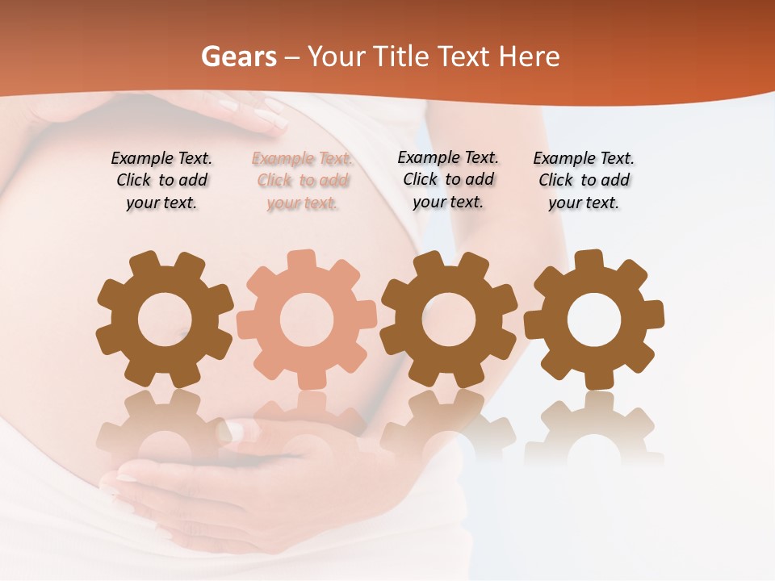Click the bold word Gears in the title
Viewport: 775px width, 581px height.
[x=238, y=56]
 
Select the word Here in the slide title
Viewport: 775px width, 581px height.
[x=529, y=56]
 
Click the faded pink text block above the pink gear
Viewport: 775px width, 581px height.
[x=302, y=181]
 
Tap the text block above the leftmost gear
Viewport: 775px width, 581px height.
[x=161, y=181]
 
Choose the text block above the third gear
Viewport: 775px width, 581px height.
[x=448, y=180]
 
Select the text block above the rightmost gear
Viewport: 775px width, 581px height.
[x=584, y=181]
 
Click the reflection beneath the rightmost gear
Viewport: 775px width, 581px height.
[x=594, y=428]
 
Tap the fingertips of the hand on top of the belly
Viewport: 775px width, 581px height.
[x=270, y=118]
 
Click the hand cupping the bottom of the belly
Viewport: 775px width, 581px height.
[x=210, y=492]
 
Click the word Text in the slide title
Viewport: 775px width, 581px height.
[x=467, y=56]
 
